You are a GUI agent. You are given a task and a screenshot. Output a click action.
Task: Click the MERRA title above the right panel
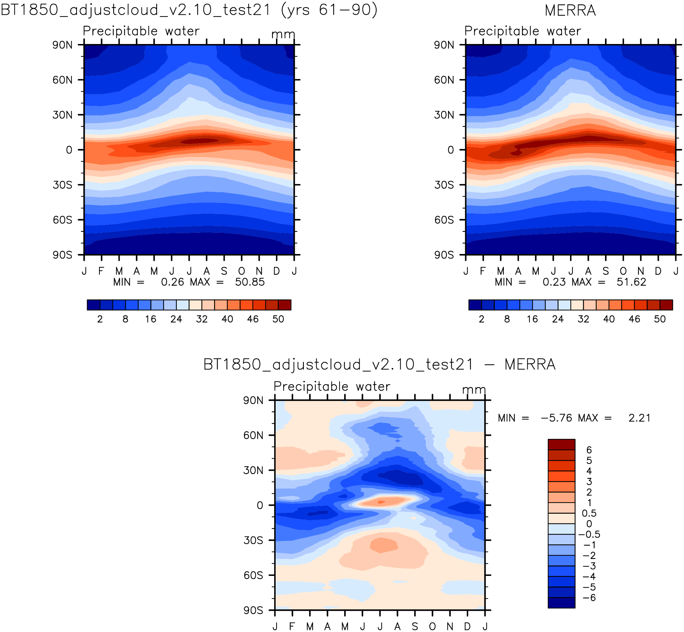pos(570,11)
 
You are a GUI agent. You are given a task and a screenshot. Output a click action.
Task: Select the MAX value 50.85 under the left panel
pos(250,282)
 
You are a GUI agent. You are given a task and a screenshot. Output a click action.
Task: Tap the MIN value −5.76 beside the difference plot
pos(556,418)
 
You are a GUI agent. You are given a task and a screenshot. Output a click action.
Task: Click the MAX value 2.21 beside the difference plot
pos(639,418)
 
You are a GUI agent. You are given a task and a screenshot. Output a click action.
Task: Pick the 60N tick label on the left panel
pos(62,80)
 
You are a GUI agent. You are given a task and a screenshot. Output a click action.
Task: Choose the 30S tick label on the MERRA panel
pos(444,185)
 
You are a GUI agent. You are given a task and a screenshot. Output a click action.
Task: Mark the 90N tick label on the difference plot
pos(253,401)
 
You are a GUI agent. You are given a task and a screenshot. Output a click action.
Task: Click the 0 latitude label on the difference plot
pos(260,505)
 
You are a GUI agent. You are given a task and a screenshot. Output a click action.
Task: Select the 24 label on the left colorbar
pos(176,319)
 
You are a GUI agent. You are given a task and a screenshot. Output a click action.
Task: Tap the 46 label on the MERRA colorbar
pos(634,319)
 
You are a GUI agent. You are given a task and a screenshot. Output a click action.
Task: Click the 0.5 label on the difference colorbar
pos(589,513)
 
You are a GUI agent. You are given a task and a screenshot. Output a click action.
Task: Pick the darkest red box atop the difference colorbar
pos(561,444)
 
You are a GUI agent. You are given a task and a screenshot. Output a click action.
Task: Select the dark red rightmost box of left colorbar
pos(284,305)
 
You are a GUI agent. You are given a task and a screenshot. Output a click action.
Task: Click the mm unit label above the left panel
pos(283,35)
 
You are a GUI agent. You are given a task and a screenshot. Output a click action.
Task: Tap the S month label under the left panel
pos(224,271)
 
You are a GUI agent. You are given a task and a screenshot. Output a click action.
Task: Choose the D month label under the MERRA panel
pos(658,271)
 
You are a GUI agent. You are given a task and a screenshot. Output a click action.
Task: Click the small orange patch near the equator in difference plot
pos(381,502)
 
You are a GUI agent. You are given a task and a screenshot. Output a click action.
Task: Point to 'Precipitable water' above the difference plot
pos(331,386)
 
